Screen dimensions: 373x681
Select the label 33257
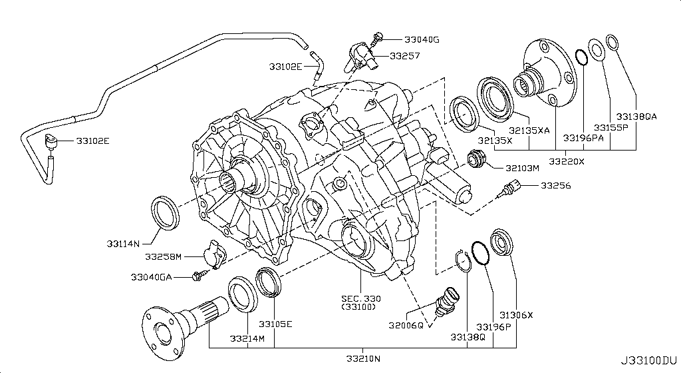pyautogui.click(x=405, y=57)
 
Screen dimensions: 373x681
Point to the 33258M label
pyautogui.click(x=165, y=256)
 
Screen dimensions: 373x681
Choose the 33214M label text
pyautogui.click(x=247, y=338)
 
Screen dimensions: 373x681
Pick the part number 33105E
pyautogui.click(x=275, y=323)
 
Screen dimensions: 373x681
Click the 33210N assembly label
pyautogui.click(x=362, y=359)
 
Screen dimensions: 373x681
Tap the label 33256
pyautogui.click(x=557, y=186)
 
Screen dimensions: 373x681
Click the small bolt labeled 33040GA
pyautogui.click(x=197, y=274)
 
